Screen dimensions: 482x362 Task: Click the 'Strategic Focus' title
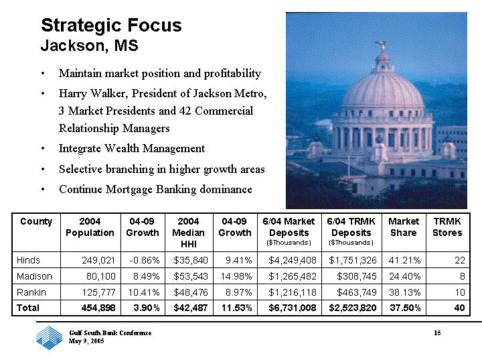(x=111, y=25)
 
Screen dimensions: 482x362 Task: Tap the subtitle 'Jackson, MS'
(x=90, y=46)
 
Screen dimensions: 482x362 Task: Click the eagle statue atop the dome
(x=382, y=46)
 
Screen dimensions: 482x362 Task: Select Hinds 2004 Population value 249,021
(x=98, y=260)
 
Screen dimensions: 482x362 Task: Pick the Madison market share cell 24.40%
(x=404, y=276)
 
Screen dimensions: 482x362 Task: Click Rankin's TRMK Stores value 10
(x=460, y=292)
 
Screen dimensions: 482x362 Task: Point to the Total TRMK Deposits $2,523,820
(x=353, y=308)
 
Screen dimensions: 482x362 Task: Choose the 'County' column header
(x=36, y=222)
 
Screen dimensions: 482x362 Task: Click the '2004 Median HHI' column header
(x=188, y=233)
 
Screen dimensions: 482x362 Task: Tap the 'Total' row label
(x=28, y=308)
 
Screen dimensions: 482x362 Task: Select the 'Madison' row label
(x=34, y=276)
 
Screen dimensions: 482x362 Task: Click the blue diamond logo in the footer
(x=49, y=337)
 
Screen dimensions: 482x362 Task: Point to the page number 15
(x=437, y=333)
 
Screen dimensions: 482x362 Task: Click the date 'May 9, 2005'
(x=86, y=341)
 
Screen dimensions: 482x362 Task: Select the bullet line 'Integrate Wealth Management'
(x=132, y=149)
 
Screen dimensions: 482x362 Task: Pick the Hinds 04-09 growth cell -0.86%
(x=145, y=260)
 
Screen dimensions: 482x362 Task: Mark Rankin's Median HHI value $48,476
(x=191, y=292)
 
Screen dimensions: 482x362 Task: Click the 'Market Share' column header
(x=404, y=227)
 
